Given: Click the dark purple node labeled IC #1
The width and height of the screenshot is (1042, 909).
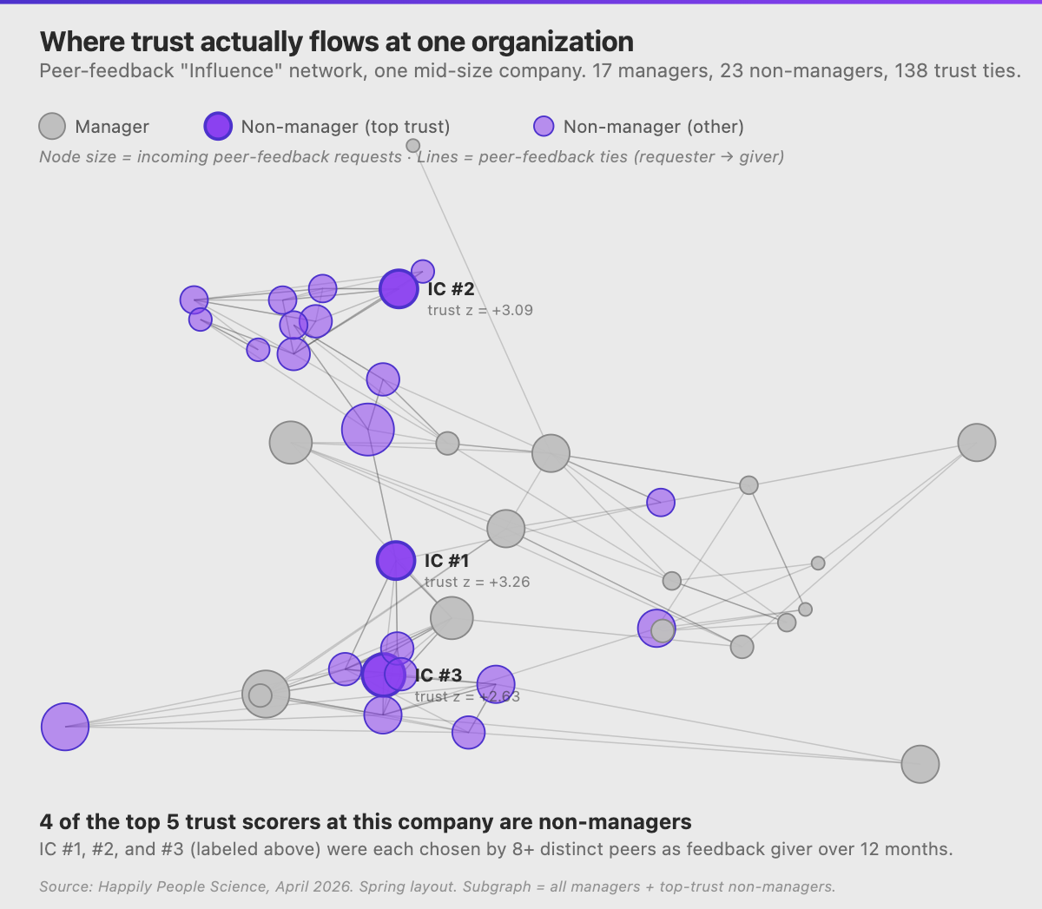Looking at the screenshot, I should point(396,561).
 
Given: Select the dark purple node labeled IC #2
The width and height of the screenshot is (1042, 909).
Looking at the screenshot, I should point(399,289).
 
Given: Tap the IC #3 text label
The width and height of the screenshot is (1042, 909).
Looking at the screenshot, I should point(439,675).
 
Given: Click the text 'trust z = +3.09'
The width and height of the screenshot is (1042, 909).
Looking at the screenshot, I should point(480,310).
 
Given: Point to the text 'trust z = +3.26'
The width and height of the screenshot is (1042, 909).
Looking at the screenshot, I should point(477,582).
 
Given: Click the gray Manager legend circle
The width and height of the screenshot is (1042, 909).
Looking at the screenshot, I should point(53,127).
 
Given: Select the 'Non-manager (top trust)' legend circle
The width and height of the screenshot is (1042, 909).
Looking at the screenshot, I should point(218,127).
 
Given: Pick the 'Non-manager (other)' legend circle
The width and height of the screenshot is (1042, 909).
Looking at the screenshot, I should point(544,127).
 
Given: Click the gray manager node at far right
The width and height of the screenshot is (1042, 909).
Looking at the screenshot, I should point(977,443).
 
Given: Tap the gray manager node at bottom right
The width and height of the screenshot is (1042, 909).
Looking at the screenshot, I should point(920,764).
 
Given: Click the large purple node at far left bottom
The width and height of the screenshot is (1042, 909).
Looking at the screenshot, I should point(65,726).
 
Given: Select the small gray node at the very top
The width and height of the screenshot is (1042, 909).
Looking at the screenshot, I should point(413,146).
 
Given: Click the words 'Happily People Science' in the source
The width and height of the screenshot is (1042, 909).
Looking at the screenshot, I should point(183,886).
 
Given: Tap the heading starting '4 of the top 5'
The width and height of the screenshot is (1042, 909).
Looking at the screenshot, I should point(366,821).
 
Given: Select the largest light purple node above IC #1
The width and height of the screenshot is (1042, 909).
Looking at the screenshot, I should point(368,429).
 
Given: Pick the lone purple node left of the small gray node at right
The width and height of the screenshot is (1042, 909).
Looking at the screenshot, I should point(661,502).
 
